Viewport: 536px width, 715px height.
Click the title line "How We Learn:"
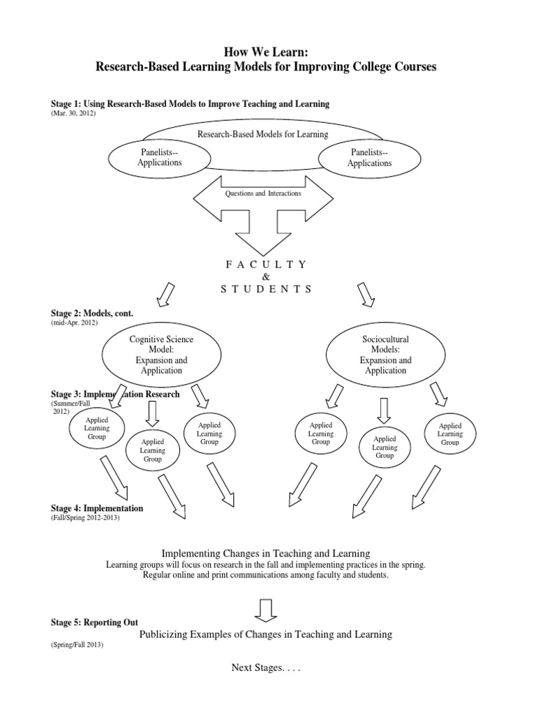click(268, 52)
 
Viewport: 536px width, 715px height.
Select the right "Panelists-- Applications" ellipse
click(369, 158)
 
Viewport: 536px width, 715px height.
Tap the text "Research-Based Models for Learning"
click(262, 134)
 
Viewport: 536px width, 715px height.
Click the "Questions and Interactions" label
click(262, 193)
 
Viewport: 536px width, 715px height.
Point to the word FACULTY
click(267, 264)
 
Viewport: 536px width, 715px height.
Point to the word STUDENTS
click(267, 289)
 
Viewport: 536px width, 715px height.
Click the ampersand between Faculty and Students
click(267, 277)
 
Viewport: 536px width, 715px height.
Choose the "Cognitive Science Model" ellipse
click(161, 355)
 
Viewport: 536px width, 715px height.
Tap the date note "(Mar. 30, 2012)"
click(73, 113)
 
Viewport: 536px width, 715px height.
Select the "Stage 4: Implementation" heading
click(97, 508)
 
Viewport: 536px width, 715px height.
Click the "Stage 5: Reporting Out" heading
click(94, 622)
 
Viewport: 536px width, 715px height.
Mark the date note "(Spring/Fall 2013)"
click(77, 644)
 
